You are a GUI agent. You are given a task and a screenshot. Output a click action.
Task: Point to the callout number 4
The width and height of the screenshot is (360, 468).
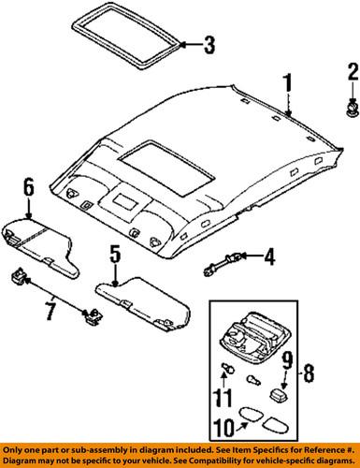tap(269, 256)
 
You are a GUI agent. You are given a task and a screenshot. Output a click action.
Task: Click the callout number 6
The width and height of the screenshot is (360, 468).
tap(29, 187)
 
